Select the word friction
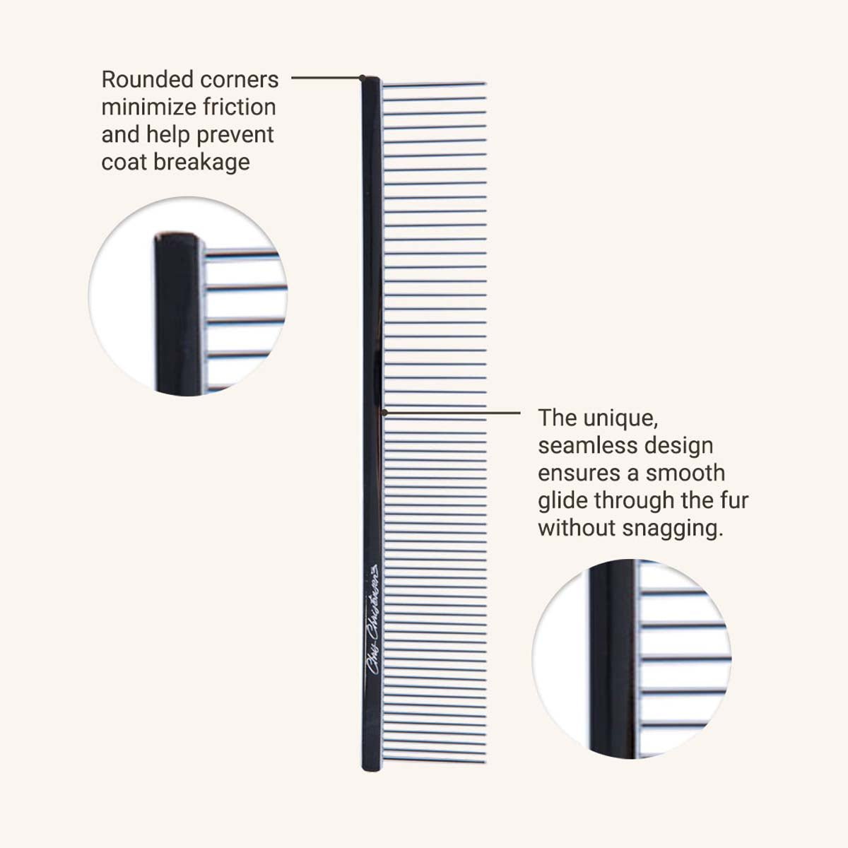pyautogui.click(x=239, y=107)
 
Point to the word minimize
pyautogui.click(x=148, y=107)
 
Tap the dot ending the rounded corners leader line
pyautogui.click(x=363, y=78)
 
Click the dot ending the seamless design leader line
pyautogui.click(x=384, y=411)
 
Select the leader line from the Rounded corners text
pyautogui.click(x=325, y=78)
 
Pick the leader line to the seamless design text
pyautogui.click(x=452, y=411)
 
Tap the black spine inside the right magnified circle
pyautogui.click(x=612, y=657)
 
